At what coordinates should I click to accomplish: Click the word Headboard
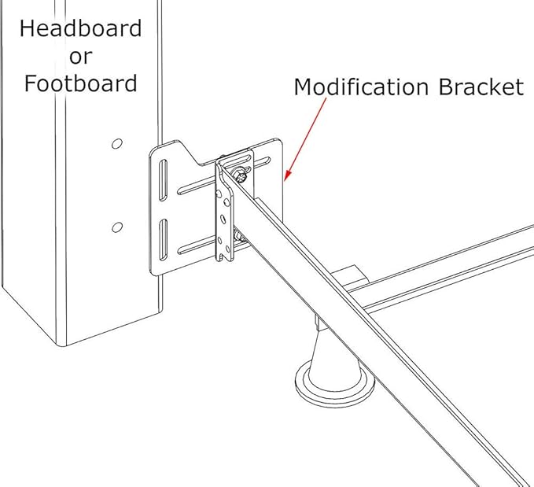click(80, 29)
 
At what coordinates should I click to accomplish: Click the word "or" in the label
click(80, 57)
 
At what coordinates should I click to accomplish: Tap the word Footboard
click(80, 83)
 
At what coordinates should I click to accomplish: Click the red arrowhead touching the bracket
click(285, 174)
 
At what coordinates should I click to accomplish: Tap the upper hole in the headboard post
click(116, 144)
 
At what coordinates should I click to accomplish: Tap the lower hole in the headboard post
click(116, 227)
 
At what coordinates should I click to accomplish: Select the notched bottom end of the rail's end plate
click(224, 256)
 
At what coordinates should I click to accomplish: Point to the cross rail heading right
click(456, 264)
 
